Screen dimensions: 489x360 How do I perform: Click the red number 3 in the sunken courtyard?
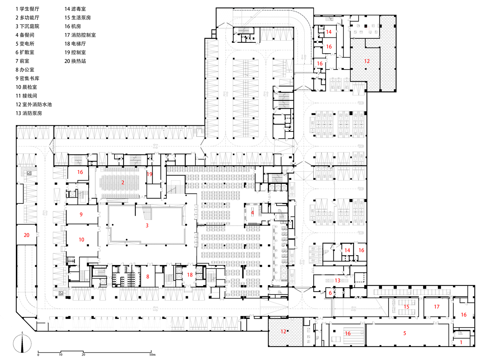click(x=147, y=225)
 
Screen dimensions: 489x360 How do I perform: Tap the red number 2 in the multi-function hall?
click(x=123, y=182)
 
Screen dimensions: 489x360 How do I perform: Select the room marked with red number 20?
click(x=26, y=235)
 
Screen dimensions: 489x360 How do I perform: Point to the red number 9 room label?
click(x=81, y=215)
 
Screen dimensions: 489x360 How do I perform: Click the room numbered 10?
click(x=81, y=239)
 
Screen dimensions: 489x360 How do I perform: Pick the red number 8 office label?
click(x=148, y=276)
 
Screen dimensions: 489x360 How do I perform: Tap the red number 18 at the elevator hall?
click(x=190, y=275)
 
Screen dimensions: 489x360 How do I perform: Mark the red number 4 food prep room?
click(x=252, y=213)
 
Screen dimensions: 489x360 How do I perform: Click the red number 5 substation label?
click(x=404, y=333)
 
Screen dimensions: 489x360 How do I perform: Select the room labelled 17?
click(x=436, y=307)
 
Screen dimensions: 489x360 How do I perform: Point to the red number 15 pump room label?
click(x=406, y=307)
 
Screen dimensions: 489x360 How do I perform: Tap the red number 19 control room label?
click(x=149, y=174)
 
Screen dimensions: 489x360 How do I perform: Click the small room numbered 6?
click(x=330, y=293)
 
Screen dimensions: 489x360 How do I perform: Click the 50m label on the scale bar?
click(x=152, y=355)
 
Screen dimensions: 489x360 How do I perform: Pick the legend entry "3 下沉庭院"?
click(x=27, y=26)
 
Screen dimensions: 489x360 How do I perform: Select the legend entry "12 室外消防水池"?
click(x=33, y=104)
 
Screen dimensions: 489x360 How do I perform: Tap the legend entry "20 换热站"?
click(x=75, y=61)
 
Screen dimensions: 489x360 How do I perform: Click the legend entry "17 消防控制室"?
click(x=80, y=35)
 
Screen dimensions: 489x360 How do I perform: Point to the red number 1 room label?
click(x=461, y=342)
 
